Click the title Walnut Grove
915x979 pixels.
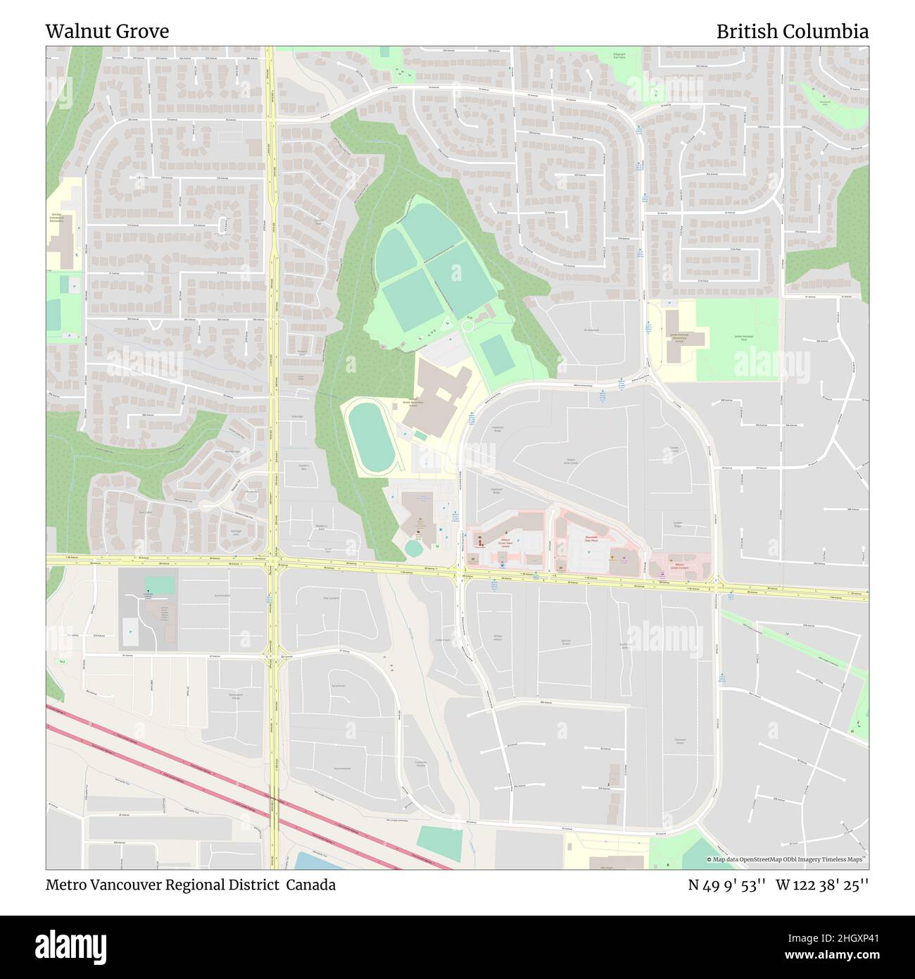click(107, 32)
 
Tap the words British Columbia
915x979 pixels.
click(792, 32)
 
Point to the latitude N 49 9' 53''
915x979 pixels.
click(728, 885)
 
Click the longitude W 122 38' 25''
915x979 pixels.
click(822, 885)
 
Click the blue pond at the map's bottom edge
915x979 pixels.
click(317, 861)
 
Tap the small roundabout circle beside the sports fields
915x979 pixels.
click(467, 326)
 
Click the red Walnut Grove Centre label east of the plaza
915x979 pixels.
click(679, 565)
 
